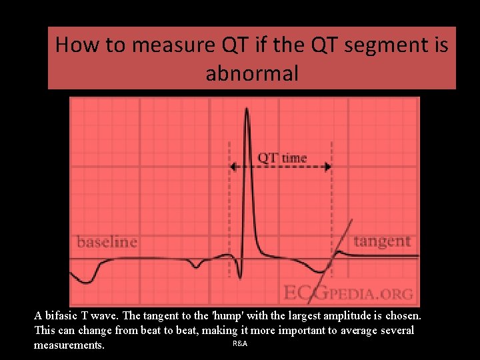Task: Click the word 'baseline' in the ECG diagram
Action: tap(107, 241)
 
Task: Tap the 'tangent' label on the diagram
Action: tap(382, 241)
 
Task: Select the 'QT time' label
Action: tap(282, 158)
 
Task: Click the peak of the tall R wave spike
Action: tap(247, 109)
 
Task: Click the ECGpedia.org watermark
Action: tap(348, 293)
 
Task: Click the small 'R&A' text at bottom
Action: tap(240, 343)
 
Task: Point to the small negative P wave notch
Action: tap(196, 267)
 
